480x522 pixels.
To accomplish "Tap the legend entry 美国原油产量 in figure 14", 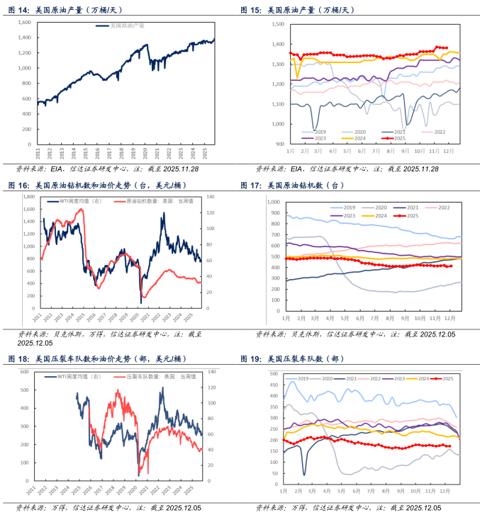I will pos(128,25).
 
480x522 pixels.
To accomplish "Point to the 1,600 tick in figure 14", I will pos(23,23).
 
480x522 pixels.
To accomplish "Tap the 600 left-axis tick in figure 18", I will pos(23,372).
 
